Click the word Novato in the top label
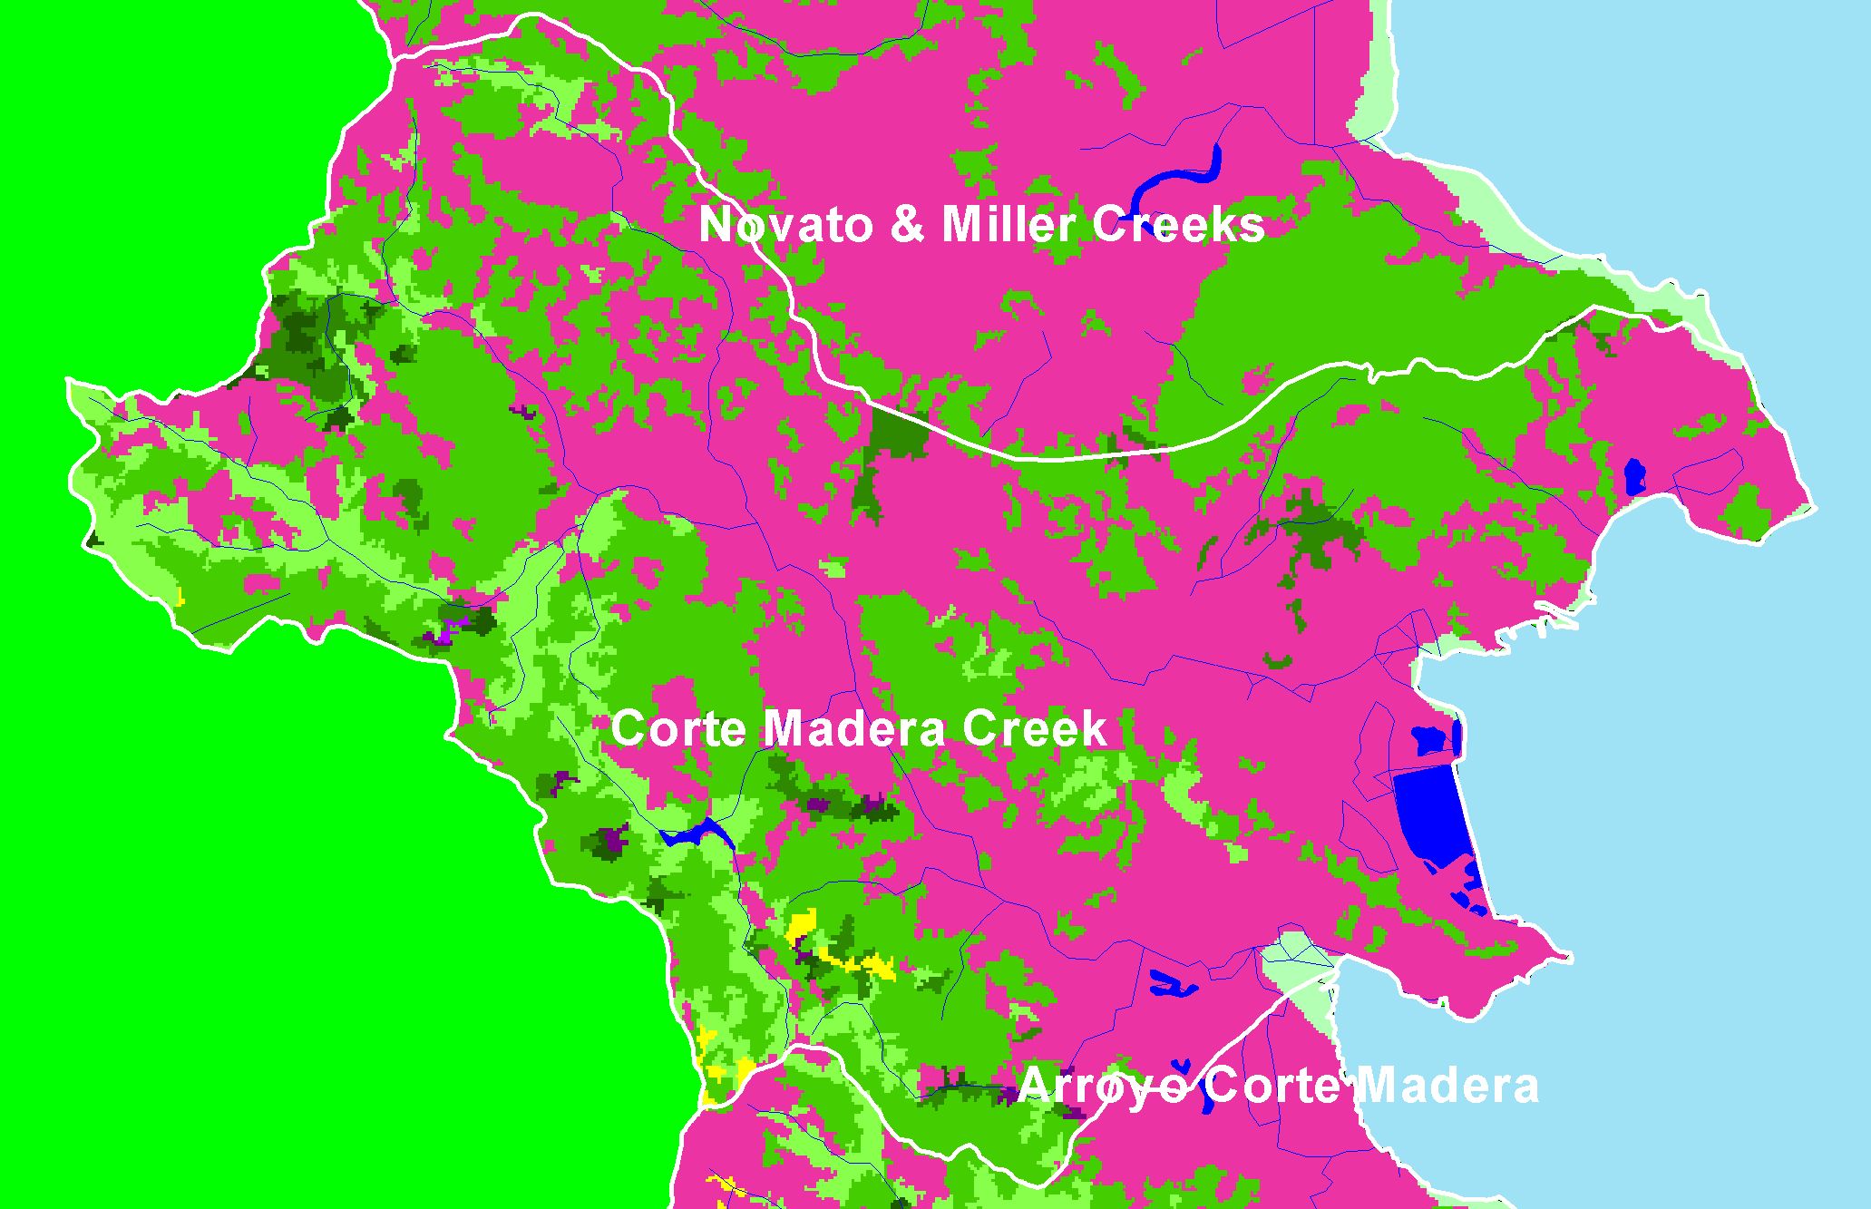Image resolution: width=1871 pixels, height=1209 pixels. pyautogui.click(x=788, y=224)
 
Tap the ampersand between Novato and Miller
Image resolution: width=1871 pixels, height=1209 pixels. pyautogui.click(x=908, y=224)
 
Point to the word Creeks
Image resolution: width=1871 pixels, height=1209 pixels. pyautogui.click(x=1178, y=224)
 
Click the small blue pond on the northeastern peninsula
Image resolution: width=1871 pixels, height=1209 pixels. pyautogui.click(x=1634, y=477)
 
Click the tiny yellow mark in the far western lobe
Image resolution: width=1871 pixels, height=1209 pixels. pyautogui.click(x=180, y=599)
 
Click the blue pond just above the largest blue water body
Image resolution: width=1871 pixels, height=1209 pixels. pyautogui.click(x=1433, y=739)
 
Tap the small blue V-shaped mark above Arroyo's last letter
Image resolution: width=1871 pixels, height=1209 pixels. pyautogui.click(x=1181, y=1066)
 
